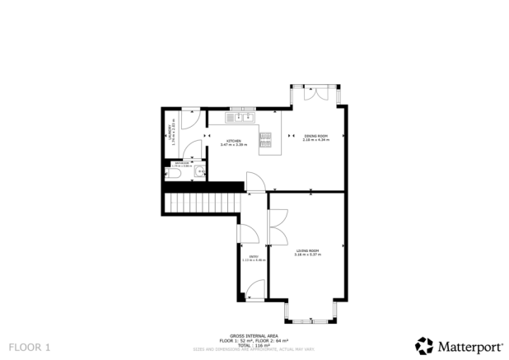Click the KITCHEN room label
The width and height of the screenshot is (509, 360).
point(235,143)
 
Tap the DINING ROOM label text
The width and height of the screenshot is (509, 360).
point(315,138)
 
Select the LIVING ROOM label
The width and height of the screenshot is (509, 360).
point(306,251)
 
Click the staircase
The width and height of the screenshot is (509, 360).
point(202,203)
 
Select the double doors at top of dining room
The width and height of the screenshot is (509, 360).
point(313,93)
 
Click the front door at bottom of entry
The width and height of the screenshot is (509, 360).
point(255,288)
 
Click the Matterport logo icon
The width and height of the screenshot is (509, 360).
point(423,345)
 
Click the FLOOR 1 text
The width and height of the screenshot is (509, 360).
point(29,348)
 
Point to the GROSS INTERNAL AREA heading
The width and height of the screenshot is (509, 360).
point(254,334)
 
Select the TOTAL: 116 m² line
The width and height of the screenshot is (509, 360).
point(254,344)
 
